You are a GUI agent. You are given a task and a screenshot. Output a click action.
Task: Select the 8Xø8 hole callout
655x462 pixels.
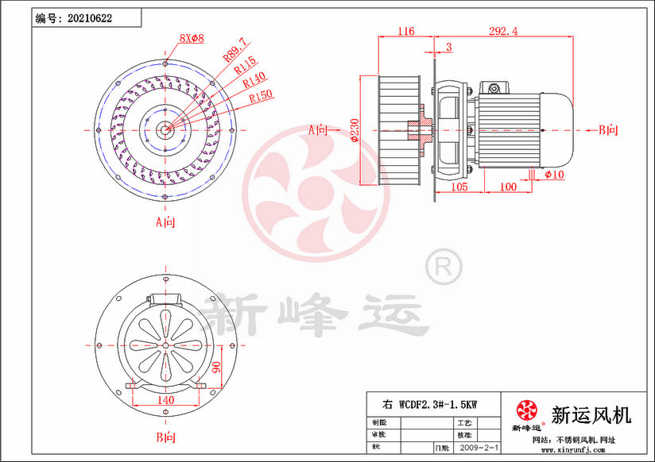tap(192, 38)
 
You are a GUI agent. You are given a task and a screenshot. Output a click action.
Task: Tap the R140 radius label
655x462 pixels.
tap(254, 81)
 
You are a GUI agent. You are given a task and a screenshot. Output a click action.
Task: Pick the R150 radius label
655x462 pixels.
tap(261, 96)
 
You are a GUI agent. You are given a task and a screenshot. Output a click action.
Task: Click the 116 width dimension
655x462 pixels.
tap(405, 32)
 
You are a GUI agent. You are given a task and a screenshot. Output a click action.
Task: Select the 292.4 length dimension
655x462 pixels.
tap(502, 32)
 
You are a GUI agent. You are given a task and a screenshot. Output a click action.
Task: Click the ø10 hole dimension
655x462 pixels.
tap(555, 174)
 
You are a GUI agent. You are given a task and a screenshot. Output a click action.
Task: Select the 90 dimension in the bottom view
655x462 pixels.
tap(215, 368)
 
